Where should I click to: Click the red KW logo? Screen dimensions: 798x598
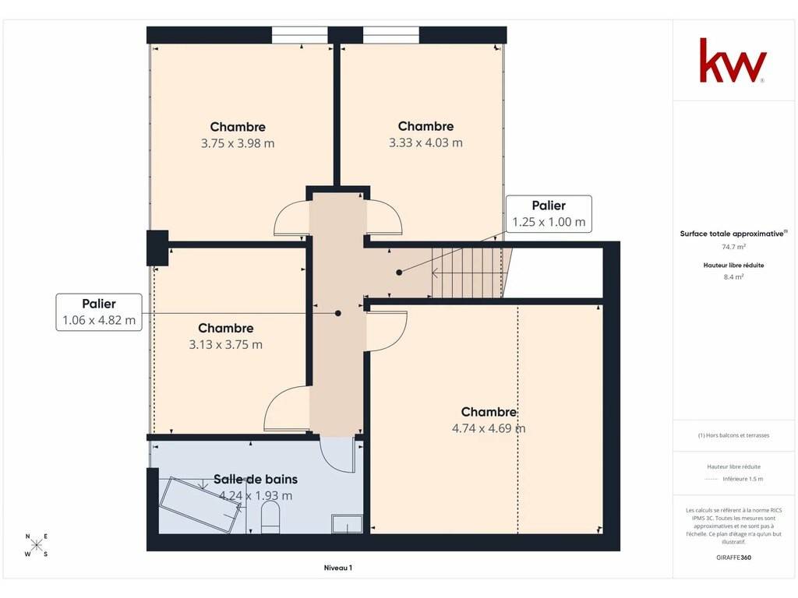(732, 60)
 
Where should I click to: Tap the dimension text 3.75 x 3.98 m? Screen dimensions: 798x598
(238, 143)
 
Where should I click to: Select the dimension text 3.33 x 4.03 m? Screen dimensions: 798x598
(425, 143)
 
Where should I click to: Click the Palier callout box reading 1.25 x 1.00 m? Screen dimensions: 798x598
(549, 213)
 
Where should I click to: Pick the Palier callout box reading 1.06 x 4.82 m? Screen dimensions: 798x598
(99, 312)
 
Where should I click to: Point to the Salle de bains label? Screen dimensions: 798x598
(256, 479)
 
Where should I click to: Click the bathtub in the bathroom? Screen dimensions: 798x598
(200, 505)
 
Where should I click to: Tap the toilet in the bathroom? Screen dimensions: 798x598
(270, 518)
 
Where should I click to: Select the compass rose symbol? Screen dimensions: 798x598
(36, 546)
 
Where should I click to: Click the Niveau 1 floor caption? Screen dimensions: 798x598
(338, 568)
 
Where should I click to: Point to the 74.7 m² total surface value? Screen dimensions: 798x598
(733, 247)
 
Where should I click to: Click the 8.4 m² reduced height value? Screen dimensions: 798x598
(733, 277)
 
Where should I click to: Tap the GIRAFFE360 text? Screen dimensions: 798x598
(733, 558)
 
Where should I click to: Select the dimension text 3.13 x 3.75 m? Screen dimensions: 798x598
(225, 345)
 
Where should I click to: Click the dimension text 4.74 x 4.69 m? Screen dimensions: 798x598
(489, 428)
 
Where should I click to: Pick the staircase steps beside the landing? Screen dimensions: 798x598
(467, 273)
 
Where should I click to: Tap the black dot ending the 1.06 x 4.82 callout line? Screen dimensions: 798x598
(338, 313)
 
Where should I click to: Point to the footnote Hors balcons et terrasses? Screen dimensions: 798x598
(733, 435)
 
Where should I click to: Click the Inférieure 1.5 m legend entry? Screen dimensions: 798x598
(743, 479)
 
